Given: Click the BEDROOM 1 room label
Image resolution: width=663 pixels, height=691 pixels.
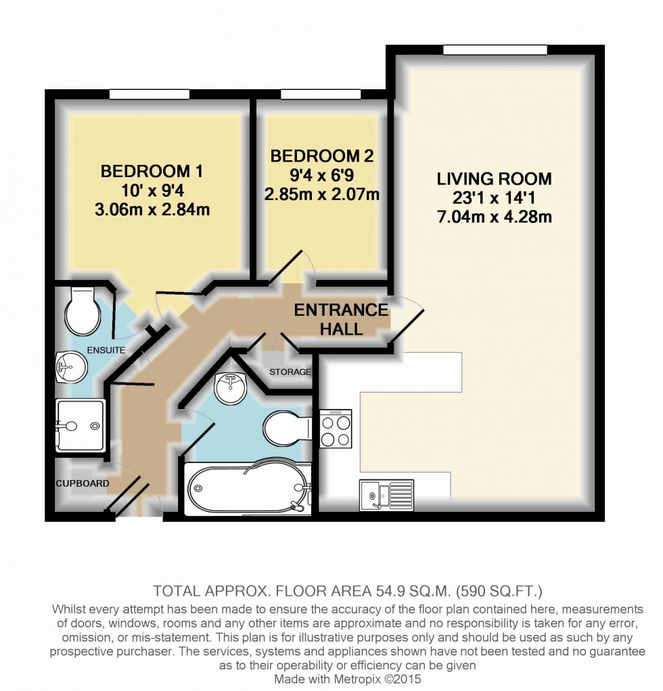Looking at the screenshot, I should pyautogui.click(x=152, y=171).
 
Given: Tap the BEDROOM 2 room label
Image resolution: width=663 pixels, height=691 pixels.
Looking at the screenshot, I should pyautogui.click(x=321, y=156).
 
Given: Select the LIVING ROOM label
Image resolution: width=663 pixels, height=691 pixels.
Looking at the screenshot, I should pyautogui.click(x=494, y=179).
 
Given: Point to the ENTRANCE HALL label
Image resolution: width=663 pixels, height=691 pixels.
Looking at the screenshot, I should pyautogui.click(x=341, y=320).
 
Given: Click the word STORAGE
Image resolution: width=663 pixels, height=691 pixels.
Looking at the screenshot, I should pyautogui.click(x=290, y=372).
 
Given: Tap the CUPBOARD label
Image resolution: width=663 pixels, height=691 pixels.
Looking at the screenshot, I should pyautogui.click(x=82, y=483).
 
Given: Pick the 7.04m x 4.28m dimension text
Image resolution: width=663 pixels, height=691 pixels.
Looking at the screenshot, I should pyautogui.click(x=494, y=218).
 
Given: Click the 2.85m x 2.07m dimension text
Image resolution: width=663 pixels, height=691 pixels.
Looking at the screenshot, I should pyautogui.click(x=321, y=195).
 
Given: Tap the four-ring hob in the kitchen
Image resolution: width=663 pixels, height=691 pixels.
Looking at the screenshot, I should pyautogui.click(x=336, y=429).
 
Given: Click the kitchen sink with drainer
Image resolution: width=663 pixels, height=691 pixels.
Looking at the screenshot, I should pyautogui.click(x=387, y=494).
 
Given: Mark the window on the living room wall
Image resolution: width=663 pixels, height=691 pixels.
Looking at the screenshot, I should pyautogui.click(x=495, y=50).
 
